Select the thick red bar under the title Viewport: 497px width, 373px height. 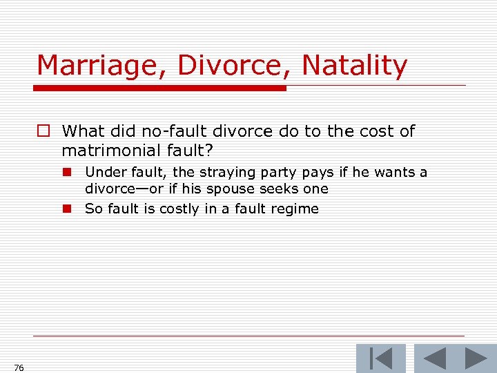coord(160,88)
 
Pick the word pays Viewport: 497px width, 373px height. coord(317,172)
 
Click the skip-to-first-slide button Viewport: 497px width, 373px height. coord(380,359)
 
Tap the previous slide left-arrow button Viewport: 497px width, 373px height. coord(434,359)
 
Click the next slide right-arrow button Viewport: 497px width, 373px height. coord(476,359)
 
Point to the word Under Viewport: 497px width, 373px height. coord(102,172)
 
